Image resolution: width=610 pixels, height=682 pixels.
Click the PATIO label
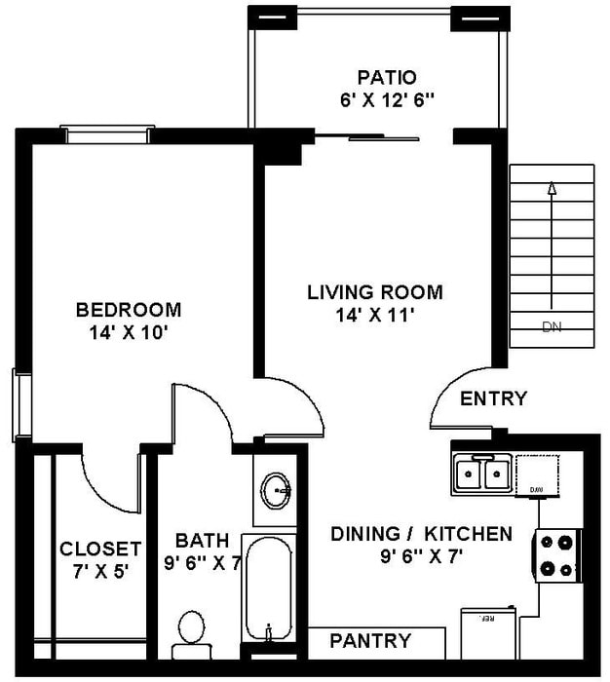(x=387, y=77)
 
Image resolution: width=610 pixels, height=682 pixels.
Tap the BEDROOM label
(x=129, y=310)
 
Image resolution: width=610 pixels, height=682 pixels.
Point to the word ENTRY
(x=493, y=398)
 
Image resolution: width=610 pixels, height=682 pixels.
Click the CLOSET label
(x=100, y=549)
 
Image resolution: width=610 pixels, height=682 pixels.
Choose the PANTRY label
(x=370, y=641)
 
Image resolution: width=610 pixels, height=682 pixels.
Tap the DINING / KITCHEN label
(x=421, y=534)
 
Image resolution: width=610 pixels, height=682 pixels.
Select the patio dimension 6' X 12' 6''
(x=387, y=98)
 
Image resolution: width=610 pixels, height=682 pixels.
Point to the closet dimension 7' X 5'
(x=100, y=570)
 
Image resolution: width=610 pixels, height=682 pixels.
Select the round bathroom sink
(x=278, y=487)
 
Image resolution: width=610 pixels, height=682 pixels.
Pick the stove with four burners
(x=557, y=555)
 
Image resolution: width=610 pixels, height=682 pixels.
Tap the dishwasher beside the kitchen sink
(x=536, y=475)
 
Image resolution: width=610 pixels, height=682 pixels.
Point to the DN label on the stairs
(x=552, y=327)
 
